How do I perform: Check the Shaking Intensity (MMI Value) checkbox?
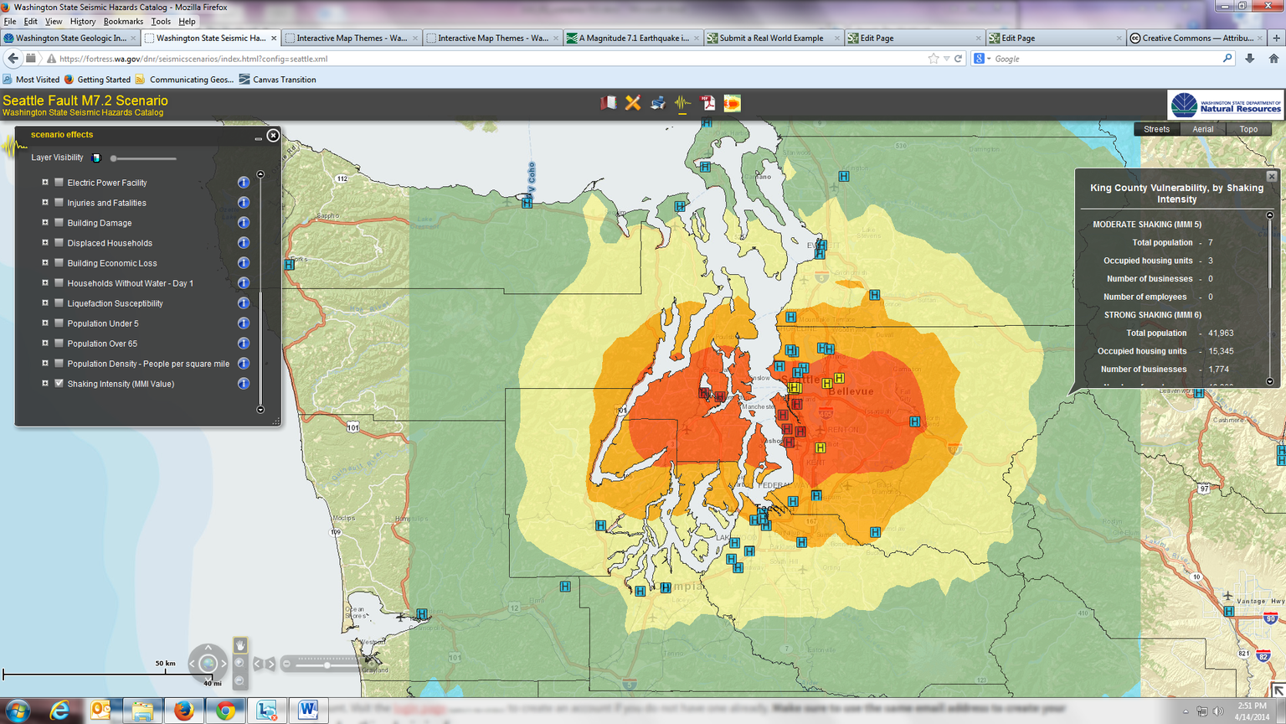[59, 384]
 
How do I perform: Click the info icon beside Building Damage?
[244, 223]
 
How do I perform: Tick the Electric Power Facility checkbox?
[59, 183]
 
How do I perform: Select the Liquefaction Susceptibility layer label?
[115, 303]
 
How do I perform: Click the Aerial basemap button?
[1202, 129]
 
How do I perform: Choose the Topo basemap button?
[1247, 129]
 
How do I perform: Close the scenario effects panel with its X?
[273, 135]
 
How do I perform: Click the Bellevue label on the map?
[851, 391]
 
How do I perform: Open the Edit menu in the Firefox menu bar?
[31, 22]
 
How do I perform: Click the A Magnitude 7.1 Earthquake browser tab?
[633, 38]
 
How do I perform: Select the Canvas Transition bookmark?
[283, 80]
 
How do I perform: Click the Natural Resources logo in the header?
[1225, 106]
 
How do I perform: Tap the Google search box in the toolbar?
[1105, 59]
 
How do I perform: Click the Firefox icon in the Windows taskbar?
[183, 711]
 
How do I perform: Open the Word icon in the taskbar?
[307, 711]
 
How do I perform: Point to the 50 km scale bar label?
[165, 664]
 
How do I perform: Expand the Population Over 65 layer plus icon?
[45, 344]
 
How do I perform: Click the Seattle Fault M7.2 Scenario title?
[85, 101]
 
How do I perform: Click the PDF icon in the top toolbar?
[707, 103]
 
